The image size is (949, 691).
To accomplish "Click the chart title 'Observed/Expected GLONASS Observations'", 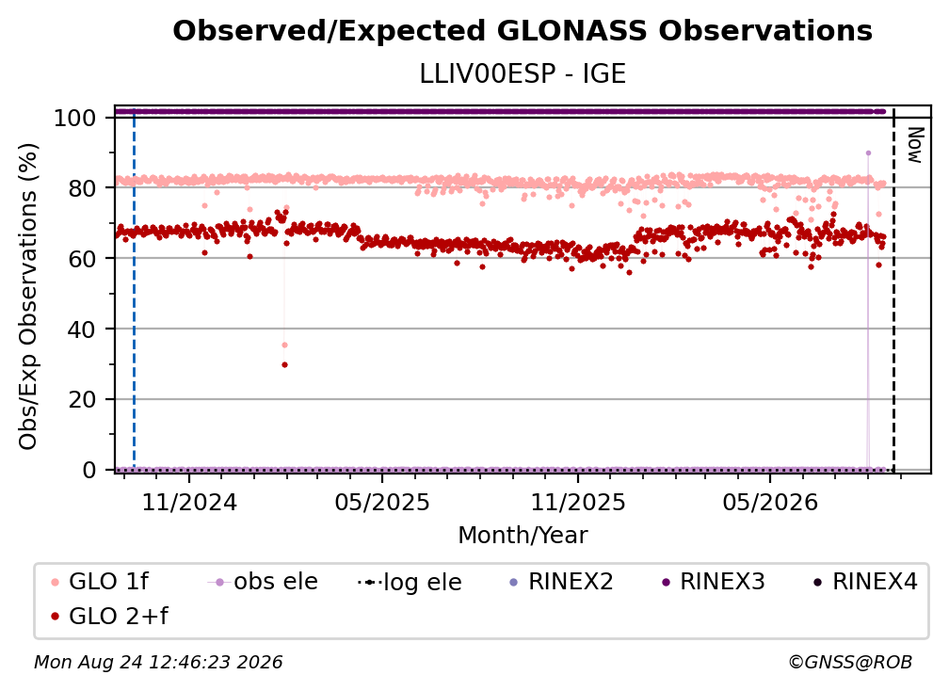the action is click(523, 31).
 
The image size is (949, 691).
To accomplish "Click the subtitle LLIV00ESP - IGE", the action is click(523, 73).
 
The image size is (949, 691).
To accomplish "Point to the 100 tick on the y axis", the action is click(74, 118).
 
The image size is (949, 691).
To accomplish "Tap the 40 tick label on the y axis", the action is click(82, 329).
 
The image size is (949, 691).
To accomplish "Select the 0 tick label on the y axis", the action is click(89, 470).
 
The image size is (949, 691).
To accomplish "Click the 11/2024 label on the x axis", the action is click(189, 502).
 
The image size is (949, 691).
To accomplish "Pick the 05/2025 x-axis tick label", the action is click(382, 502).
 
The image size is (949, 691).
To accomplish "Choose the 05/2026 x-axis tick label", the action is click(770, 502).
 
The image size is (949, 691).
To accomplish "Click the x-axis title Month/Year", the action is click(523, 535).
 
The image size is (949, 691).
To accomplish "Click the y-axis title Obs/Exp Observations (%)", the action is click(28, 297).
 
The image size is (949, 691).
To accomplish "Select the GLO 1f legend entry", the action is click(100, 582).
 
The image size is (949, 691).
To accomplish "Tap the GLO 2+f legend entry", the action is click(109, 616).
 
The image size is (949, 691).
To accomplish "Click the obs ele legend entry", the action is click(263, 582).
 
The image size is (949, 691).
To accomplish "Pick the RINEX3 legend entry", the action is click(714, 582).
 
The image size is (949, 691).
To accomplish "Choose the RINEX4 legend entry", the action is click(865, 582).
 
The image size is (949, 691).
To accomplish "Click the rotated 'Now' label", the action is click(915, 145).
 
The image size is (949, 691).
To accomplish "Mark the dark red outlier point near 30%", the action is click(284, 365).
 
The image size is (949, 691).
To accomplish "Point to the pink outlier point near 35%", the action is click(284, 345).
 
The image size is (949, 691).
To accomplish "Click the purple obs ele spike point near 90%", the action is click(868, 153).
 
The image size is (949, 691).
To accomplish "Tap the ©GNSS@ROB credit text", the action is click(850, 663).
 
